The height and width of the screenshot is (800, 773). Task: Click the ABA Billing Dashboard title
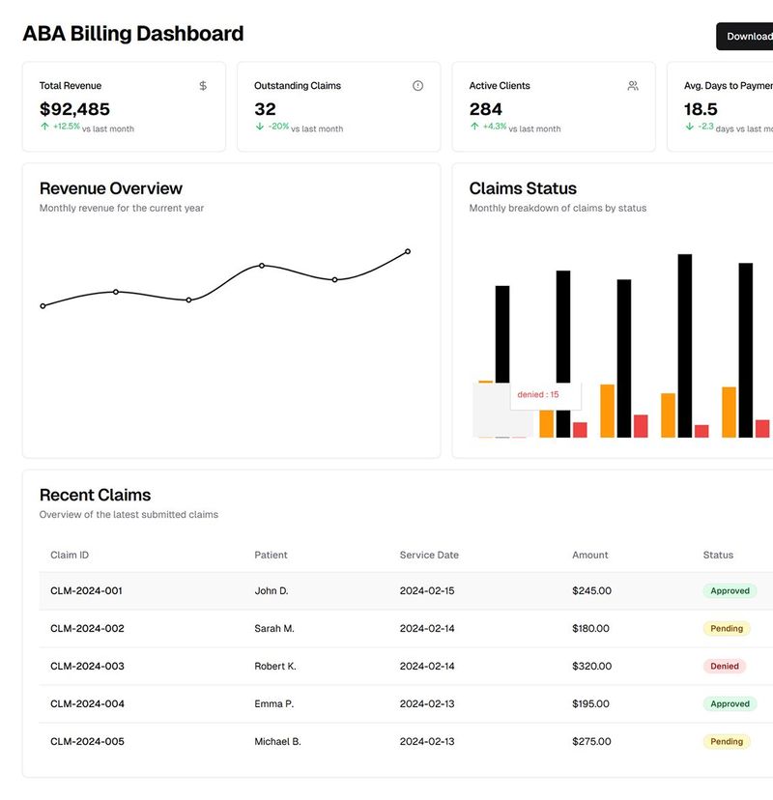coord(132,34)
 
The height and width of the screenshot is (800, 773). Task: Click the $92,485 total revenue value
coord(74,109)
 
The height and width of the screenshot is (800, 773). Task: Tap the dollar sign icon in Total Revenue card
coord(203,86)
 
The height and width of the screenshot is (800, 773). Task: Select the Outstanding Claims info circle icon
coord(417,86)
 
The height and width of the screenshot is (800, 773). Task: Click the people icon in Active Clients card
coord(633,86)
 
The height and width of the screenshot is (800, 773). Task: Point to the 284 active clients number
coord(486,109)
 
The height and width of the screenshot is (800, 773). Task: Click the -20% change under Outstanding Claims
coord(278,127)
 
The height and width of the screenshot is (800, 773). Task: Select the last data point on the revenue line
coord(408,251)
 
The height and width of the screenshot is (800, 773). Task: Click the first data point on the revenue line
coord(43,306)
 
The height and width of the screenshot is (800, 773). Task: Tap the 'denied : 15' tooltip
coord(538,394)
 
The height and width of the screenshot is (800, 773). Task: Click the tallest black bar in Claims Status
coord(684,345)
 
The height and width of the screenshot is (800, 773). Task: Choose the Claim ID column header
coord(70,556)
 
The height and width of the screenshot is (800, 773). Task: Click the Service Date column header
coord(429,556)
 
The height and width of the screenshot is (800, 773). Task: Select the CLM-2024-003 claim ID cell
coord(87,667)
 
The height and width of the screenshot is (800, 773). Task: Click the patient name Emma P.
coord(273,704)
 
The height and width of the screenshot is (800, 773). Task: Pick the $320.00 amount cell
coord(591,667)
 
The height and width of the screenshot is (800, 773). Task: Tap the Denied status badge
coord(725,667)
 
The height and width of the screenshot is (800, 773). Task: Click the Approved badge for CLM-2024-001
coord(730,591)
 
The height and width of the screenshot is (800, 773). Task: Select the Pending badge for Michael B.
coord(727,742)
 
